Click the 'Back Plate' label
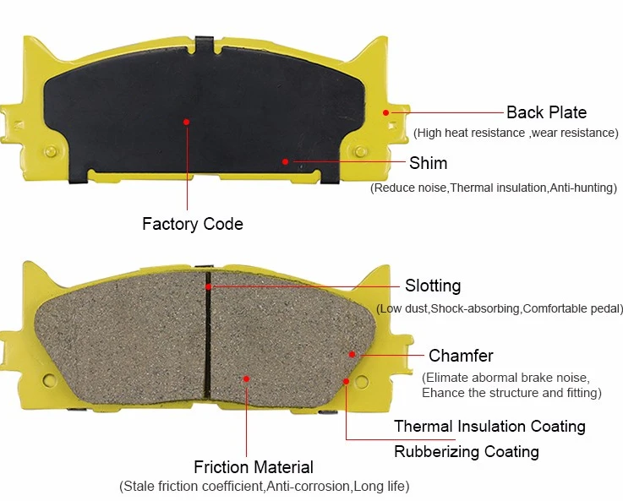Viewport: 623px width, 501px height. tap(546, 112)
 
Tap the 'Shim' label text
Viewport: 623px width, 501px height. tap(428, 163)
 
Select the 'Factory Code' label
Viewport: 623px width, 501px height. tap(192, 224)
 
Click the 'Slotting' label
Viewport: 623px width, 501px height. tap(433, 286)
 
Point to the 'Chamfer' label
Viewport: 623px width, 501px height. tap(461, 355)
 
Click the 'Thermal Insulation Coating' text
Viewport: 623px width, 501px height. tap(489, 426)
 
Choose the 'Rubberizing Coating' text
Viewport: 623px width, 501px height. tap(466, 451)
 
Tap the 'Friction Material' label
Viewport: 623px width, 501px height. tap(253, 467)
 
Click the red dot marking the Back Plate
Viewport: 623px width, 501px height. tap(385, 112)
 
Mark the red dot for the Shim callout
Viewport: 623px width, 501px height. tap(286, 161)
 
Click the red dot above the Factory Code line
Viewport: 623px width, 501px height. tap(186, 122)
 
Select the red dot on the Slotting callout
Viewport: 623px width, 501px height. tap(208, 286)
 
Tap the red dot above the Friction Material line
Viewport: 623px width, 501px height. tap(247, 378)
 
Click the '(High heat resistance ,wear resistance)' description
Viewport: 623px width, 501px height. tap(516, 133)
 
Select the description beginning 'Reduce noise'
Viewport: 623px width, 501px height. tap(494, 187)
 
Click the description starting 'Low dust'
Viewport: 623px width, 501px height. tap(500, 308)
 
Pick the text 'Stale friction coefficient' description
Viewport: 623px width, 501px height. tap(265, 487)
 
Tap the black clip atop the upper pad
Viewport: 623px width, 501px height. tap(204, 42)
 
